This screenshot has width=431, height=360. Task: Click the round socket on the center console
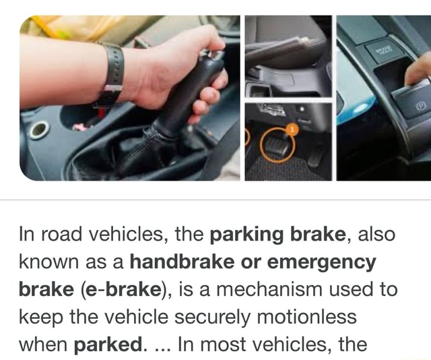38,130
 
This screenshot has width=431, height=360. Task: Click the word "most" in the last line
246,344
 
